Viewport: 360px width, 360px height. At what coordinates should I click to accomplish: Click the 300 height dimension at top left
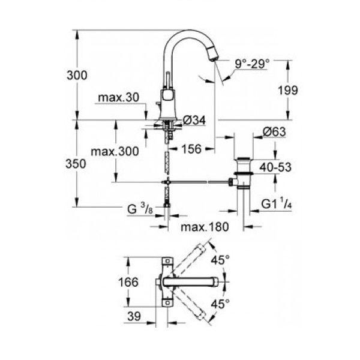coord(77,76)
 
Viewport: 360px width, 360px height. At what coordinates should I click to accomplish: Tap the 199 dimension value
coord(288,90)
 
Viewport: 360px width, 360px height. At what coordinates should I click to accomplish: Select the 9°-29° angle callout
coord(252,64)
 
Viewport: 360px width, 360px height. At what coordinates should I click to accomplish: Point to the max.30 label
coord(118,98)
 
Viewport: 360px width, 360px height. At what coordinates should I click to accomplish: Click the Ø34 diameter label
coord(194,120)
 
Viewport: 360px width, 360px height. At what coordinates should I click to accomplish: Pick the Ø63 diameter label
coord(274,132)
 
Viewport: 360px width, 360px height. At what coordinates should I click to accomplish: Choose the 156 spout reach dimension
coord(191,149)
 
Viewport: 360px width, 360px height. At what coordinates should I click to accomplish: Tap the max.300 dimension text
coord(115,152)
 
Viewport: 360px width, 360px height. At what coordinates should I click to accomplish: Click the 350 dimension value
coord(76,164)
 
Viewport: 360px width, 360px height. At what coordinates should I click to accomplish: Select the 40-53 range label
coord(275,167)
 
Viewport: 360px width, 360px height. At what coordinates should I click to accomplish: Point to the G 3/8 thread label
coord(140,209)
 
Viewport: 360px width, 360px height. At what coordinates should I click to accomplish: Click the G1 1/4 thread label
coord(277,204)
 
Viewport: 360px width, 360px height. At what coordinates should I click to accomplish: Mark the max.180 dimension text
coord(205,227)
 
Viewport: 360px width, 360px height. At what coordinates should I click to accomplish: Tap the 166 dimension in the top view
coord(128,282)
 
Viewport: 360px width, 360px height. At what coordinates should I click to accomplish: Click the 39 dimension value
coord(134,316)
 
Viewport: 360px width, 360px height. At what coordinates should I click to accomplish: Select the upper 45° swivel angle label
coord(220,260)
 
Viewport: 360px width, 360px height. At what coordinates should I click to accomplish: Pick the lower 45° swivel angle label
coord(220,304)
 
